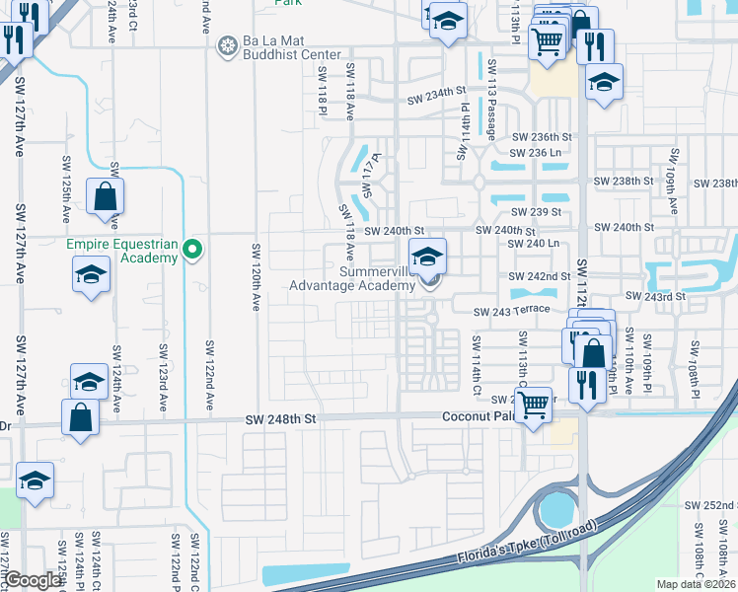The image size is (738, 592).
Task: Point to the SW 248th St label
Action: (281, 419)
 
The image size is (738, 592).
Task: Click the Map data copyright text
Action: (697, 584)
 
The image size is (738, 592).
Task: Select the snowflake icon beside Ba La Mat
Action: (228, 45)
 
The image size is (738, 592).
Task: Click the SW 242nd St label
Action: (539, 276)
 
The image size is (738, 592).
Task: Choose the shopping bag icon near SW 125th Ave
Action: (105, 196)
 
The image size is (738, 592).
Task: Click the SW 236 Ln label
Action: (536, 153)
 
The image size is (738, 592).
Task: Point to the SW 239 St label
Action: (536, 212)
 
